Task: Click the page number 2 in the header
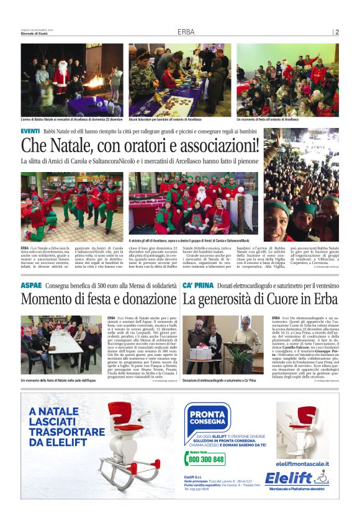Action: tap(336, 32)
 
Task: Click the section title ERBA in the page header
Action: tap(186, 32)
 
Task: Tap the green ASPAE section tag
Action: tap(31, 284)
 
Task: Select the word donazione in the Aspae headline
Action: tap(147, 299)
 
